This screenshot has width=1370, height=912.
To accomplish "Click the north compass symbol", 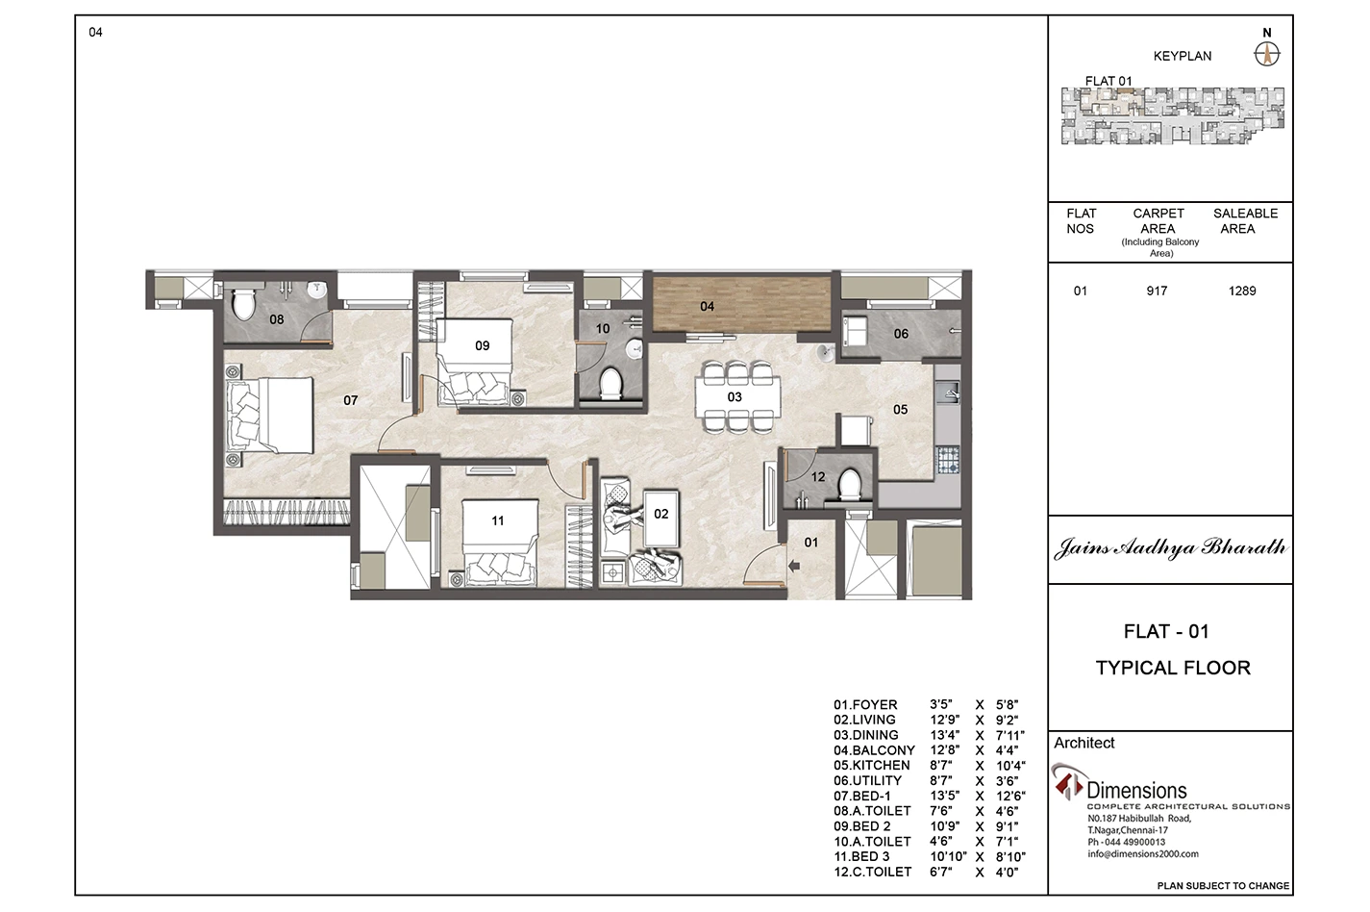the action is (x=1267, y=55).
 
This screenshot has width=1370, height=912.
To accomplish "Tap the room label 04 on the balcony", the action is (x=707, y=306).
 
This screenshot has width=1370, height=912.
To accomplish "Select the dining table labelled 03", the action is (x=737, y=396).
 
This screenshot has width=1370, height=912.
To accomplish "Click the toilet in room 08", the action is (x=243, y=304).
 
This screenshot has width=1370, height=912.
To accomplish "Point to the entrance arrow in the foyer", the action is (x=794, y=567).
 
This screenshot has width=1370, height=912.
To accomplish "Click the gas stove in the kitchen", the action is (x=948, y=460).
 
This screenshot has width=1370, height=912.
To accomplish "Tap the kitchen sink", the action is (x=949, y=392).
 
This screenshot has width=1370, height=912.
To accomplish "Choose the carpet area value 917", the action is (x=1157, y=291).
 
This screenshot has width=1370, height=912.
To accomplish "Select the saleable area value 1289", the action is (x=1242, y=291).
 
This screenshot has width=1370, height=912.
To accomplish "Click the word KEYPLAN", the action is (x=1183, y=57).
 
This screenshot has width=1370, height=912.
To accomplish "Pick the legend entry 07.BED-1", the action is (x=861, y=796).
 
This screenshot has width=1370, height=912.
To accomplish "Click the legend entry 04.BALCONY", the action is (x=874, y=749).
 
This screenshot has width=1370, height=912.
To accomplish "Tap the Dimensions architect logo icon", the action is (x=1068, y=782).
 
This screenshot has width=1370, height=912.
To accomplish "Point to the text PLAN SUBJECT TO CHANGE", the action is (x=1223, y=886).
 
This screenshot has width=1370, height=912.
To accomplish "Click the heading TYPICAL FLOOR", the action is (x=1173, y=668).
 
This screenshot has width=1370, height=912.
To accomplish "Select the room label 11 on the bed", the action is (x=498, y=520).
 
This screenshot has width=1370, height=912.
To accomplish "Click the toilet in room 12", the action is (x=849, y=484).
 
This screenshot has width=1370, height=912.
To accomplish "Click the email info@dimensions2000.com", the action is (x=1142, y=854).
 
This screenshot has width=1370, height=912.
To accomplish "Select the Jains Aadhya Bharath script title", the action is (x=1170, y=547).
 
